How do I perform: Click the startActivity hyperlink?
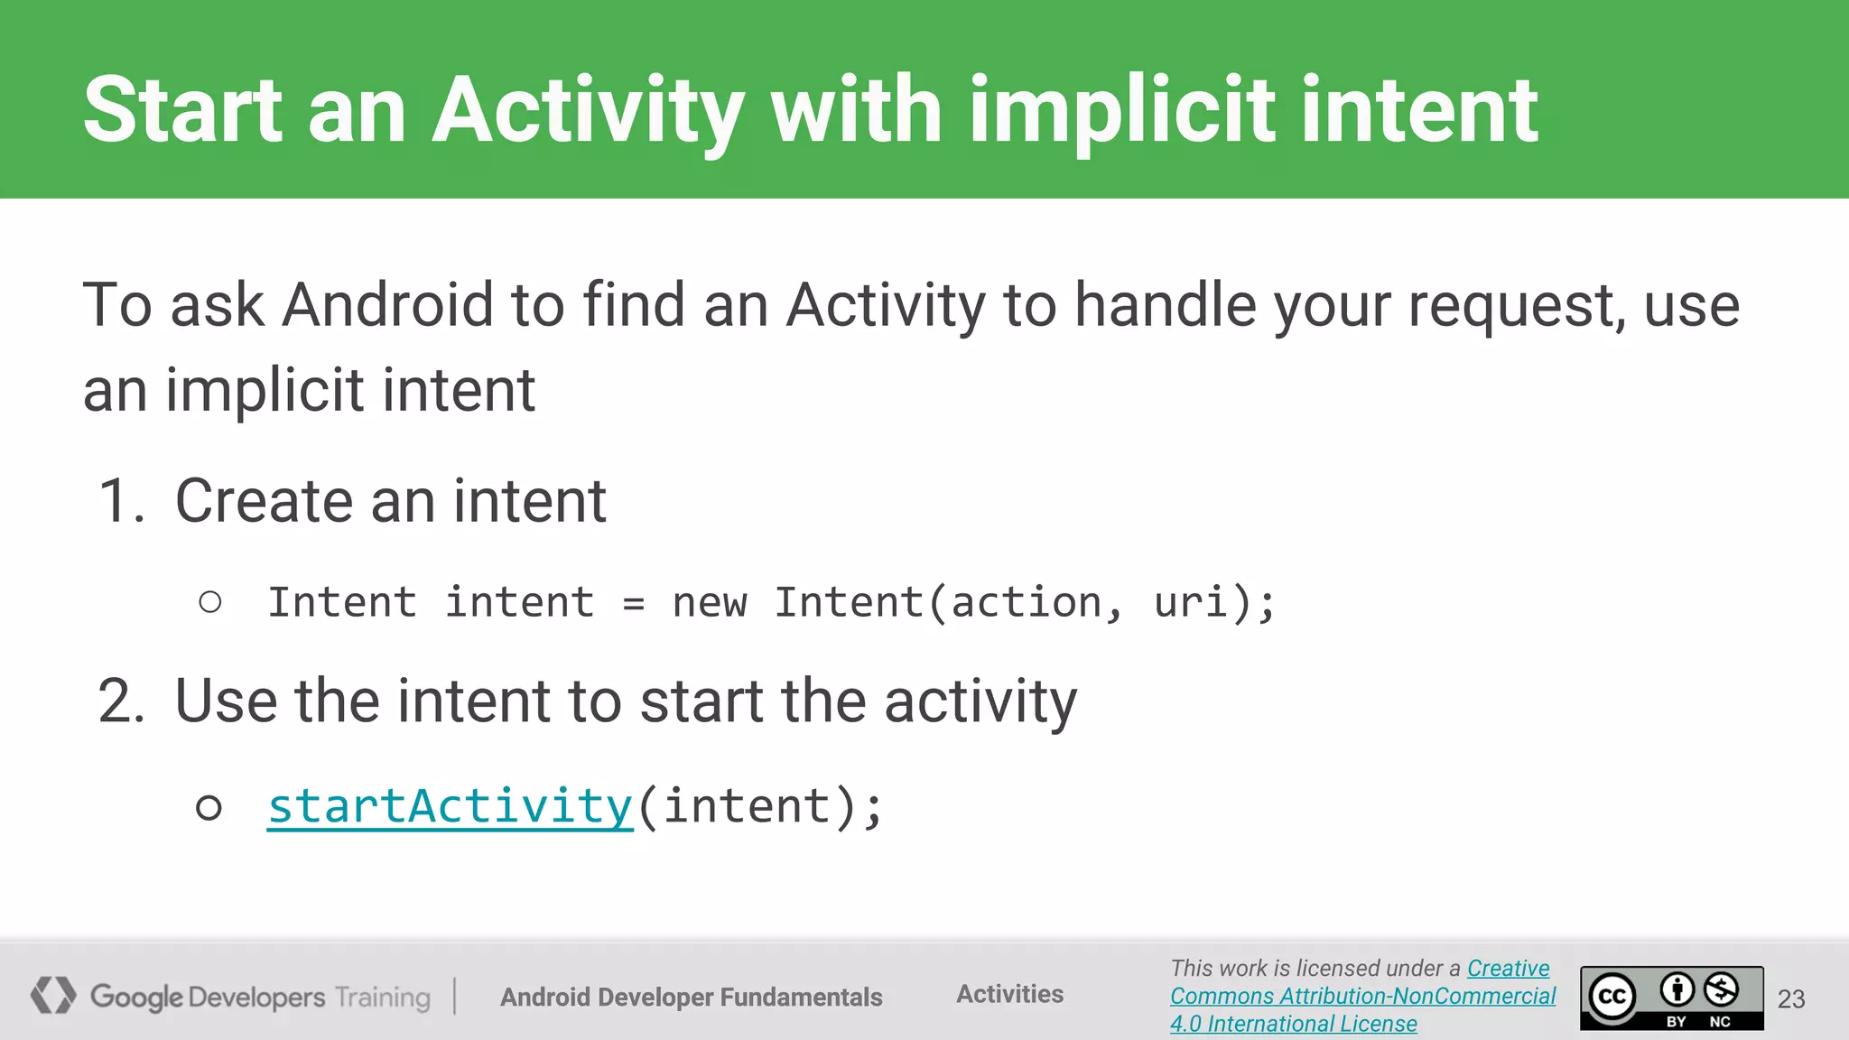pos(450,806)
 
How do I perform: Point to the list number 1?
pos(121,501)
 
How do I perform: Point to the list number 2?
pos(121,701)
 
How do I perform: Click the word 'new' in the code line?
pos(710,603)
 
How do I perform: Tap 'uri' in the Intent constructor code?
pos(1191,602)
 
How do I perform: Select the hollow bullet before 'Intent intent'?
pos(210,602)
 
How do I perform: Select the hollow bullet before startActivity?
pos(209,807)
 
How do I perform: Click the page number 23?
pos(1791,998)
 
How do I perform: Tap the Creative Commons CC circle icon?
pos(1612,997)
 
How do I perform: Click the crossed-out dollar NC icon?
pos(1721,990)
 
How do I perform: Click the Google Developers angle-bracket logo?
pos(53,995)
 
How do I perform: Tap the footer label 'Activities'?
pos(1009,994)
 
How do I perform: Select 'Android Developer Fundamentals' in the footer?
pos(692,997)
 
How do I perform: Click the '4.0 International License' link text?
pos(1293,1024)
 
